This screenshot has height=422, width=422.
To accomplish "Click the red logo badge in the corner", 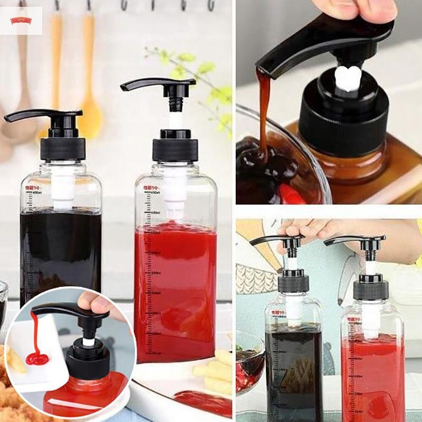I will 21,21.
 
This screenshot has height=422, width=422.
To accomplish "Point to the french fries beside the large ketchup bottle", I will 214,372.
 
